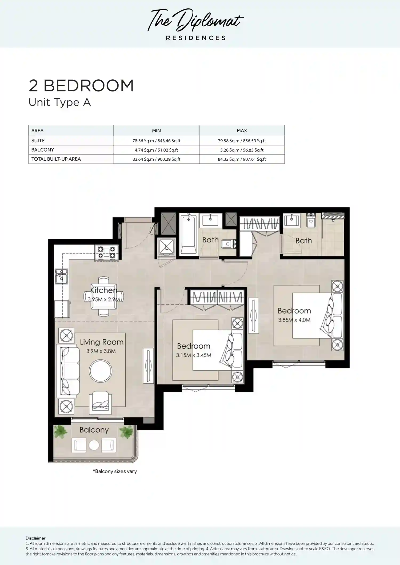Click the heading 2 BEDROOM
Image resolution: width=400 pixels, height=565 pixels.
[81, 86]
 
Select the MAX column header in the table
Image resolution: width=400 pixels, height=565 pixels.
[242, 131]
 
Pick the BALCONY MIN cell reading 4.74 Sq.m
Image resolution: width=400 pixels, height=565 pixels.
[156, 150]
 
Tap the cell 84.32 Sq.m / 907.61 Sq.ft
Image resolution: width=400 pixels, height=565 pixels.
[242, 159]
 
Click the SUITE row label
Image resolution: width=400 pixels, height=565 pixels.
[38, 141]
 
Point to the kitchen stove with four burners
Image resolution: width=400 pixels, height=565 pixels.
[106, 253]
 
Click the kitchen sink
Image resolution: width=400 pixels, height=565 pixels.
[61, 276]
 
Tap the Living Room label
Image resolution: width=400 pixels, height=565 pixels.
[102, 342]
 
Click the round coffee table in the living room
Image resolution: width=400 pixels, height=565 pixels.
[101, 371]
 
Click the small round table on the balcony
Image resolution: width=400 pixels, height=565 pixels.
[94, 445]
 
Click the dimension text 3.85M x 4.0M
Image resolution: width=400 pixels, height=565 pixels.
[294, 320]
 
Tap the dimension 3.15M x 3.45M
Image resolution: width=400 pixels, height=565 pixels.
[194, 355]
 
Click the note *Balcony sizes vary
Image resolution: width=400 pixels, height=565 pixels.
[115, 471]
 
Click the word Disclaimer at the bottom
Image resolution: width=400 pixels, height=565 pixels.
[35, 538]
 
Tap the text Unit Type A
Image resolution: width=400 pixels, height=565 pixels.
[60, 103]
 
